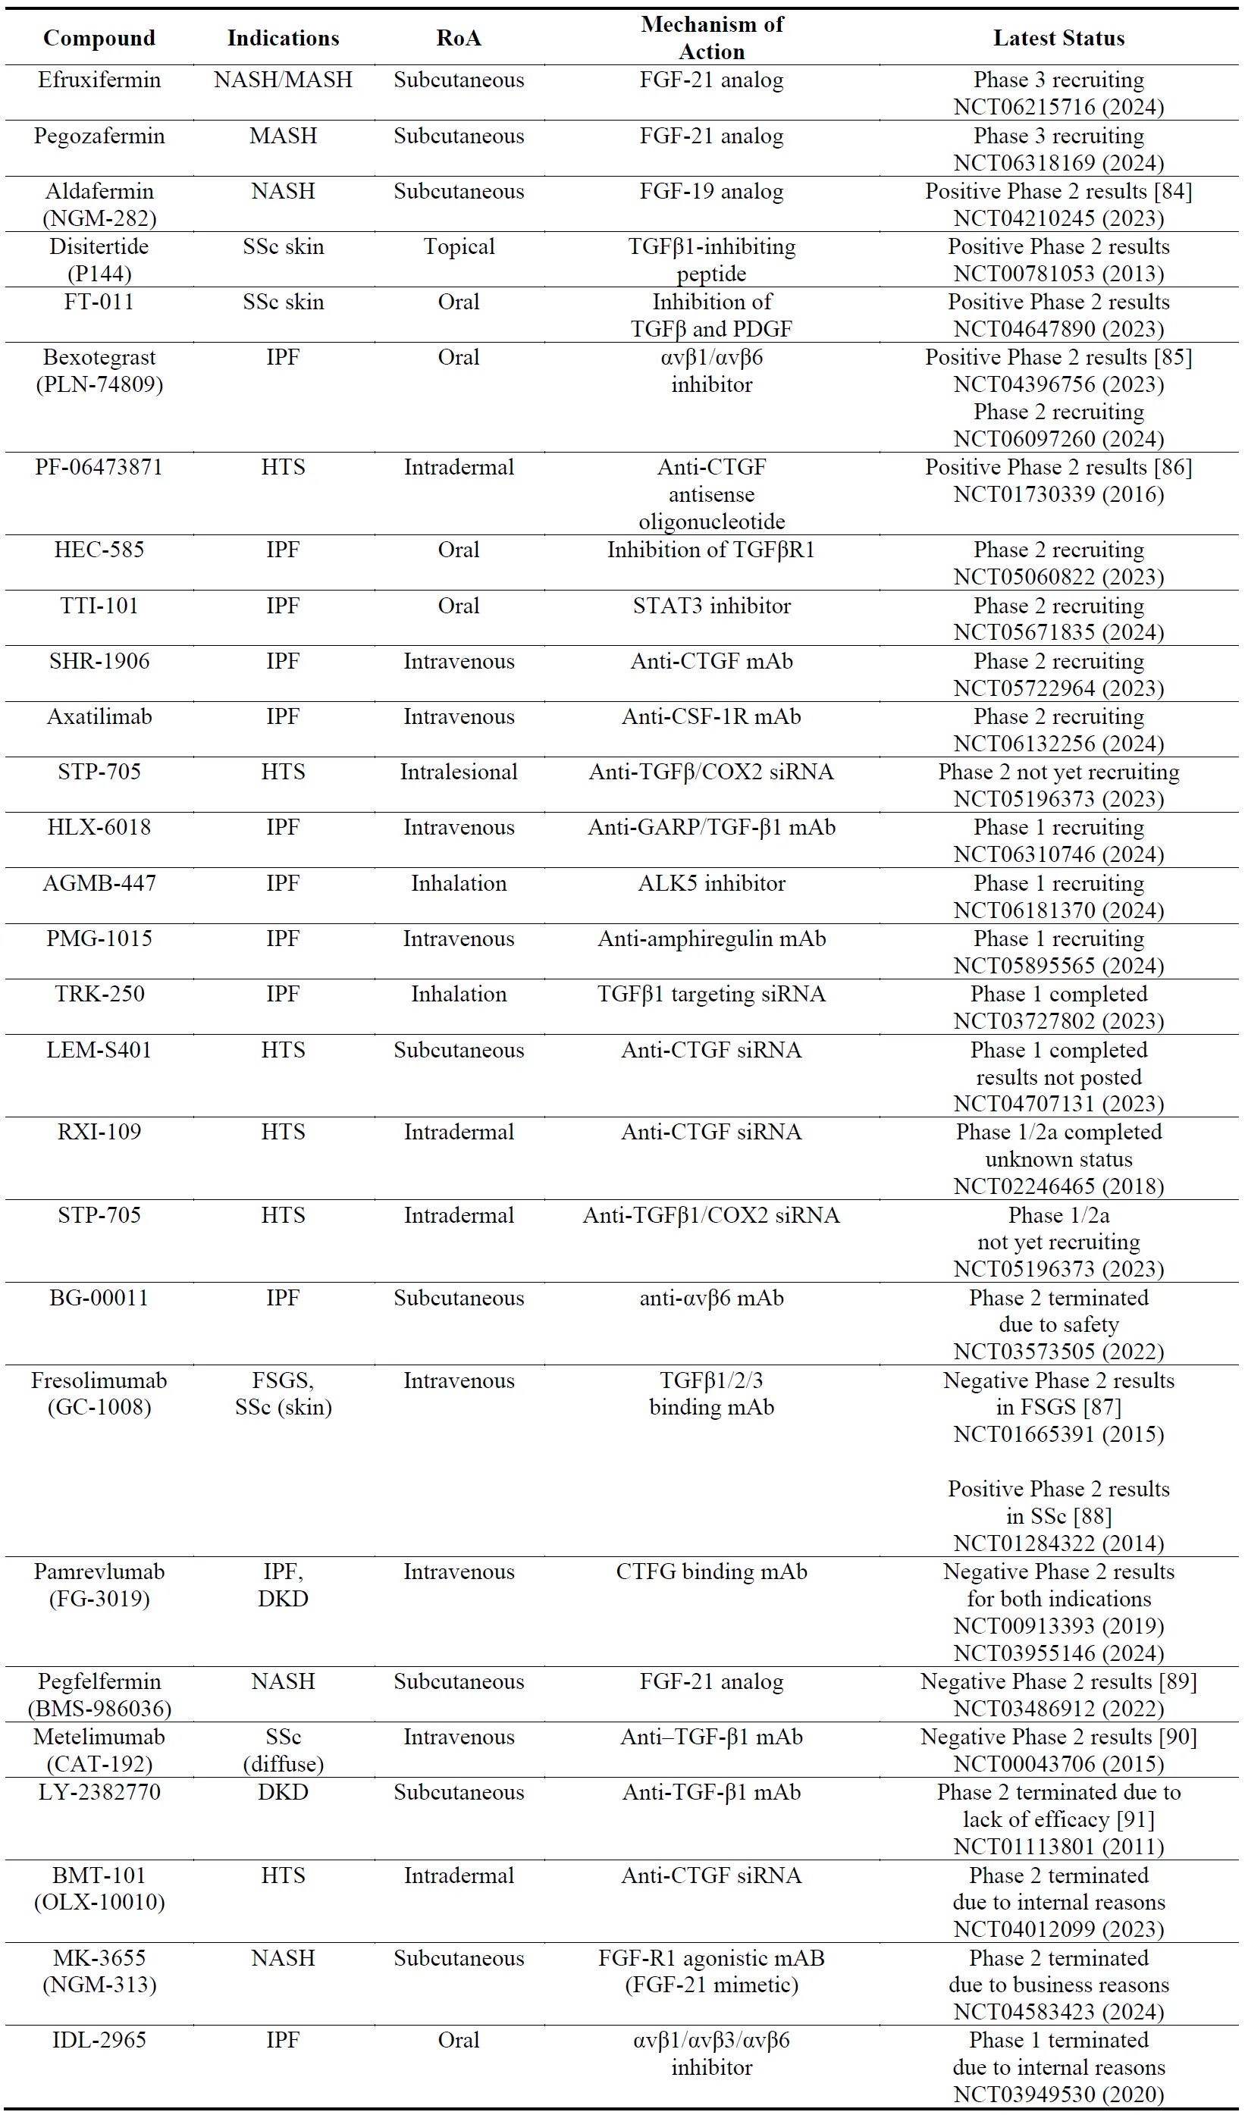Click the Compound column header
99,38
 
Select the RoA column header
459,38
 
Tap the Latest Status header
1058,38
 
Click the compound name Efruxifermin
99,80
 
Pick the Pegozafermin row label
99,136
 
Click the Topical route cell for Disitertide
459,247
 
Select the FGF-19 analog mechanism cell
711,191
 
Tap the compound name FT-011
99,302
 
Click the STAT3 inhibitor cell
711,606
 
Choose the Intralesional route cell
459,772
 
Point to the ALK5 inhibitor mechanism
711,884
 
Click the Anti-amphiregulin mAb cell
711,939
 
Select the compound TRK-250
99,995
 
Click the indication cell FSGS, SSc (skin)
283,1394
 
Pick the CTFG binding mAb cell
711,1572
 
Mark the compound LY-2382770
99,1793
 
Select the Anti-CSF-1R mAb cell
711,717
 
